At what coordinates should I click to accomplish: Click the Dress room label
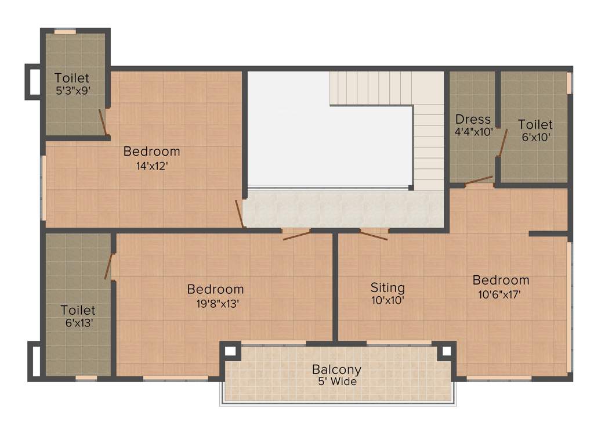(473, 120)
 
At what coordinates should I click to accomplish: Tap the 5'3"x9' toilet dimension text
(72, 91)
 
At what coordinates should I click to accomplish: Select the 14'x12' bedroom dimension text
(151, 165)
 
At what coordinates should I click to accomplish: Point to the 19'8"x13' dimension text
(215, 303)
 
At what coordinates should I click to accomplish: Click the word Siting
(387, 287)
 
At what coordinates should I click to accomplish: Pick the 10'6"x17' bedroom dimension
(501, 294)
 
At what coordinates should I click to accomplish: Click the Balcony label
(336, 369)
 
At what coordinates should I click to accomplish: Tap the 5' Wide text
(336, 382)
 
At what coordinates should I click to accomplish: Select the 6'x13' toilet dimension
(78, 323)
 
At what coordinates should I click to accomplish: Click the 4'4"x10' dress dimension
(473, 132)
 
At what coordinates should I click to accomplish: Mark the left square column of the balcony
(230, 351)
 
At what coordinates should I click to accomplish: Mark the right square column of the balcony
(446, 351)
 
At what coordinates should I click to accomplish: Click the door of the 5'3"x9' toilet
(103, 123)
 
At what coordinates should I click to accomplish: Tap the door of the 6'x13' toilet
(108, 267)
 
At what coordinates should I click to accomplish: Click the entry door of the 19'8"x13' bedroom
(296, 235)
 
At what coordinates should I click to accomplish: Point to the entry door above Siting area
(374, 235)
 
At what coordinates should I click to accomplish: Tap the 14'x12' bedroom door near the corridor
(239, 213)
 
